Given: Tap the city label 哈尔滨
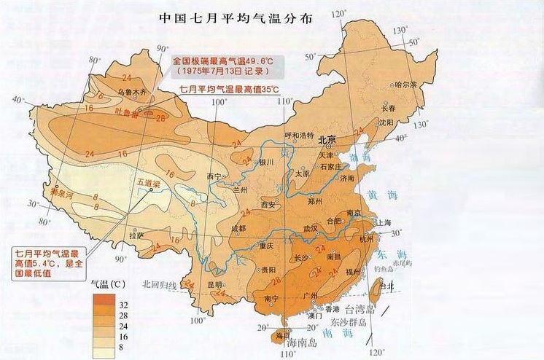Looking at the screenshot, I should pyautogui.click(x=405, y=85).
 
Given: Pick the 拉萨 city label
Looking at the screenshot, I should pyautogui.click(x=136, y=235).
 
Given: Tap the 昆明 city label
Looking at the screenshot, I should pyautogui.click(x=214, y=284).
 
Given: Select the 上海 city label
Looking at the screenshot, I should pyautogui.click(x=384, y=224).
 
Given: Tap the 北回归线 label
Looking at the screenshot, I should pyautogui.click(x=160, y=284).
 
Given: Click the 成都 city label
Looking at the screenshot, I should pyautogui.click(x=238, y=228).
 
